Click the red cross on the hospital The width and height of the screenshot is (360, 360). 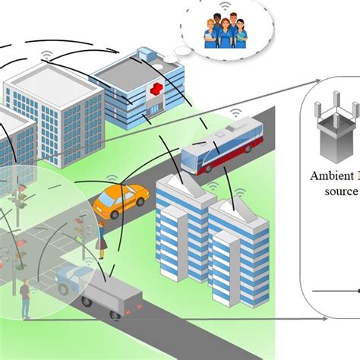[156, 92]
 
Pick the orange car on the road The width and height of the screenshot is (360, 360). [120, 200]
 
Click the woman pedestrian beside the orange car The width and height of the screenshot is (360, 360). [101, 238]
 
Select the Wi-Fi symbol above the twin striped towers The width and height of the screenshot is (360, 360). [213, 185]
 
